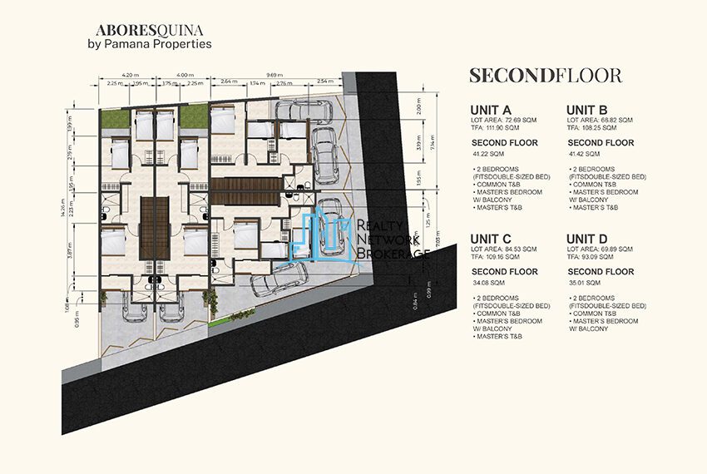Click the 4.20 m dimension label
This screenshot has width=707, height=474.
point(129,76)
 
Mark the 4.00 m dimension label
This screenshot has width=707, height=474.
point(185,76)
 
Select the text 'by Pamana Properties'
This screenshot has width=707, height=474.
point(150,43)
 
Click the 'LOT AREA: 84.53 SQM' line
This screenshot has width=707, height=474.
point(503,249)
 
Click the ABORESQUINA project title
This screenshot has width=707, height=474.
point(149,27)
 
